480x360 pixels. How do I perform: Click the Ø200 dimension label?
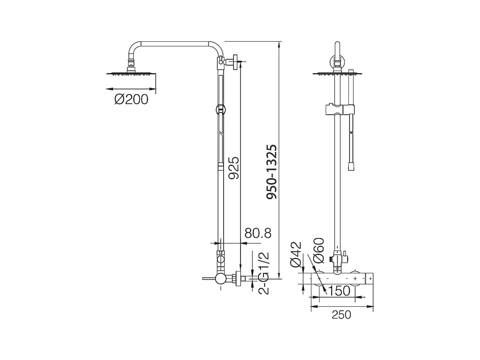click(131, 100)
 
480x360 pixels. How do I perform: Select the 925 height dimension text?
click(234, 168)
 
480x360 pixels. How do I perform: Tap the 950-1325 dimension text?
click(272, 172)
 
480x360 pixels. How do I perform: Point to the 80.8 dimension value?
click(258, 233)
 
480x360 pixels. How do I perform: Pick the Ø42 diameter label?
click(296, 254)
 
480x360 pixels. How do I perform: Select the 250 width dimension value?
click(341, 315)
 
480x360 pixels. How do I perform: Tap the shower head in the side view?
click(131, 73)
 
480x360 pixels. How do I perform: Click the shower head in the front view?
click(335, 74)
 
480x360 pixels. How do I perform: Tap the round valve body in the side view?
click(220, 279)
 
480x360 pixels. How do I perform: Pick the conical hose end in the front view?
click(352, 167)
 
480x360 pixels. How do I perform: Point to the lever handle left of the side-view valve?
click(208, 279)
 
